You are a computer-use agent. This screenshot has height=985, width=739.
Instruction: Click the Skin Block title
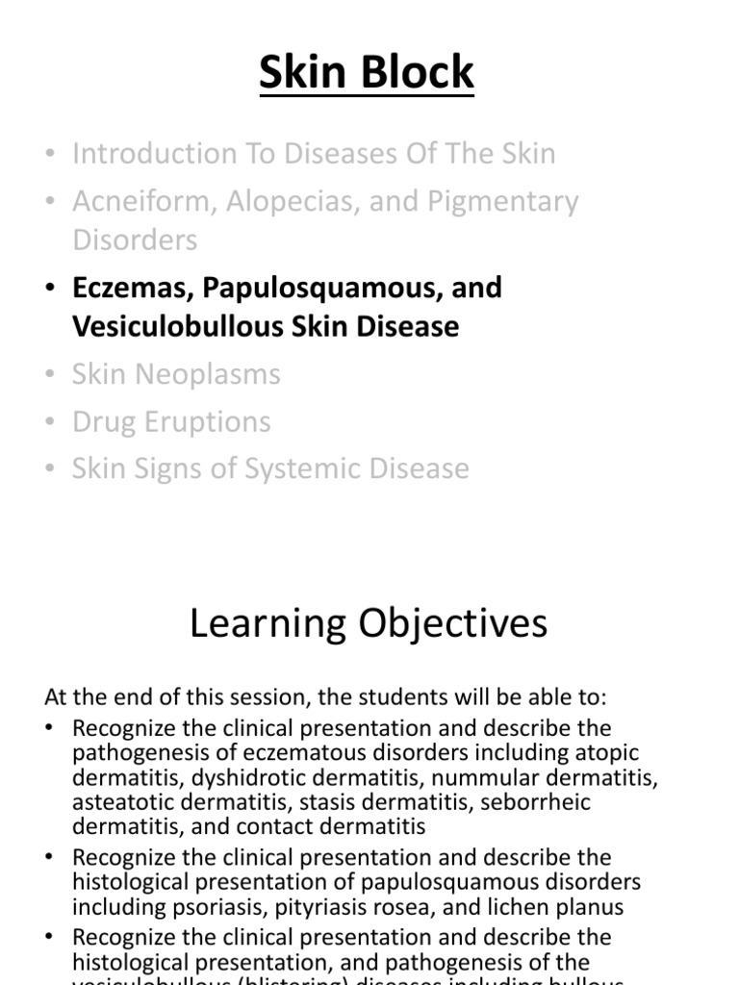367,73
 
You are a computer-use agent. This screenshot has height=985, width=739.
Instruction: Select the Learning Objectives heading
369,623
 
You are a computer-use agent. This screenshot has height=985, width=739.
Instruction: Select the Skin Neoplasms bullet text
176,373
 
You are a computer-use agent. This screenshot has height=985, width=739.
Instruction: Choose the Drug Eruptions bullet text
171,421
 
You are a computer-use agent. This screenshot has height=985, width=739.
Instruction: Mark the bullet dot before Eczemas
51,289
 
